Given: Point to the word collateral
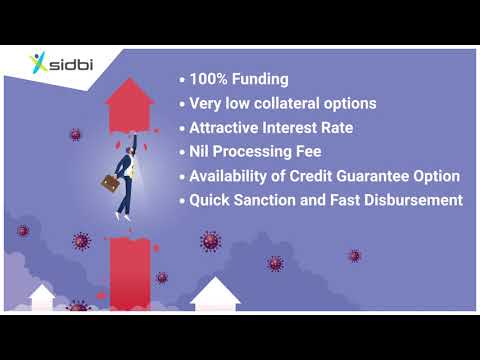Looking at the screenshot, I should [300, 103].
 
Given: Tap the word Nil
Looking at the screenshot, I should [203, 152].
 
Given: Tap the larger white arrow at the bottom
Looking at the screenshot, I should [213, 295].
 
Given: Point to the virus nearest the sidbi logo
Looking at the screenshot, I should [75, 134].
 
